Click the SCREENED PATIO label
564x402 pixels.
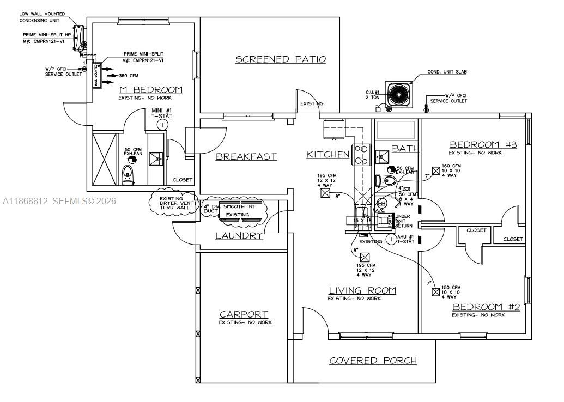click(x=281, y=59)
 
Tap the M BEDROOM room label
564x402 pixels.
click(x=150, y=90)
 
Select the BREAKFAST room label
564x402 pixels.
click(x=246, y=157)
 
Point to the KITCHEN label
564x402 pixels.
click(x=328, y=155)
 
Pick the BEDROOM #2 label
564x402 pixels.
click(x=486, y=308)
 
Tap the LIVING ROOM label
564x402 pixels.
click(x=362, y=290)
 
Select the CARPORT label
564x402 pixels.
click(x=244, y=314)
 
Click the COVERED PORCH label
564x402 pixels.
click(x=373, y=361)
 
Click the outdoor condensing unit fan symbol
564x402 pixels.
click(x=399, y=95)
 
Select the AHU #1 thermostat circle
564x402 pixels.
click(x=391, y=239)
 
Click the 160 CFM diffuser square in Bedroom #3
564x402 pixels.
click(x=435, y=170)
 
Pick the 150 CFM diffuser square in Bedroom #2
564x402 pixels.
click(x=435, y=292)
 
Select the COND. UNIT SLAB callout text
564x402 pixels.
click(x=447, y=72)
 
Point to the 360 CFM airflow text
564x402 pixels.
click(x=130, y=76)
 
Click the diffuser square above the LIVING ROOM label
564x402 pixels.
click(x=365, y=257)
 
